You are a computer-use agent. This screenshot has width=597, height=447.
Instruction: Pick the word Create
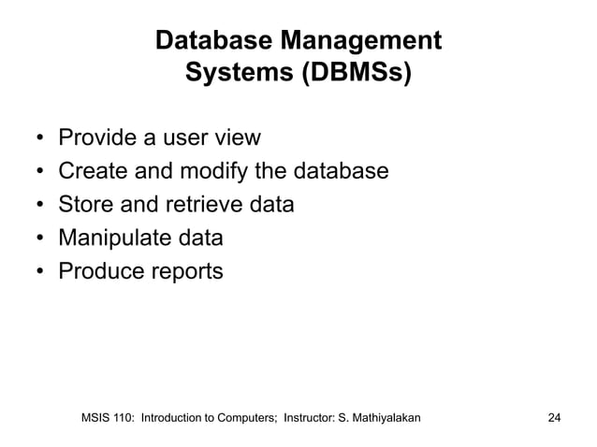pos(92,172)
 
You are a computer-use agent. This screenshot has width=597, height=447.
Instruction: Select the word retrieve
pos(203,205)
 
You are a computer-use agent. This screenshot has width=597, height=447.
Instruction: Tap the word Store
pos(85,205)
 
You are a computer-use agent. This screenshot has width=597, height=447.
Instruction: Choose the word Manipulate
pos(111,238)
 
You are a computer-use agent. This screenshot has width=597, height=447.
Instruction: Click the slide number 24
pos(554,416)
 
